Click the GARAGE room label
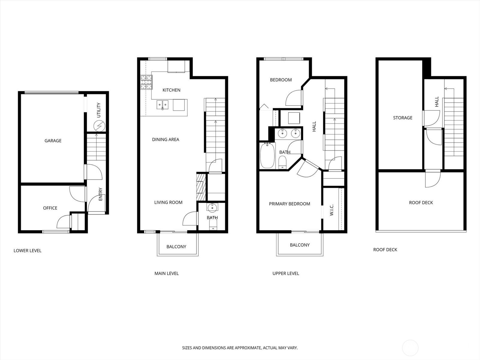[53, 140]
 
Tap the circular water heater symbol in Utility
[99, 125]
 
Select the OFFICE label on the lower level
[50, 208]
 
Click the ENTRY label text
[100, 194]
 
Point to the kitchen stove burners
[146, 82]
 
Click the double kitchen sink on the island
[163, 105]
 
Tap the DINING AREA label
[165, 139]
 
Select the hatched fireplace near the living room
[201, 187]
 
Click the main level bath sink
[212, 207]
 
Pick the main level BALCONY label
[176, 247]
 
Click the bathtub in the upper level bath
[267, 156]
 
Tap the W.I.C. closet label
[331, 210]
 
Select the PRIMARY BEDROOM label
[289, 204]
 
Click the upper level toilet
[283, 163]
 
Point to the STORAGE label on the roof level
[403, 118]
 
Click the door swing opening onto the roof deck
[433, 179]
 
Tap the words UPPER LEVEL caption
[286, 273]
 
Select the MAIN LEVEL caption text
[166, 273]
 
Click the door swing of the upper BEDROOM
[294, 98]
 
